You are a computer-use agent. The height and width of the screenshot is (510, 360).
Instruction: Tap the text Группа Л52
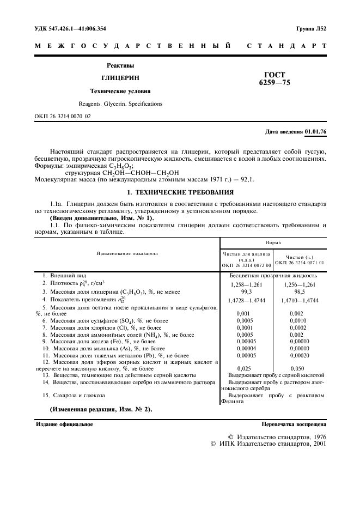click(311, 28)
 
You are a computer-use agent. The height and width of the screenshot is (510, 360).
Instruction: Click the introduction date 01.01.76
click(315, 132)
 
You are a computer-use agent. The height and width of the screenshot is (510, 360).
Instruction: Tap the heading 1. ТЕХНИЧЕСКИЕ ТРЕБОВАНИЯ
click(181, 192)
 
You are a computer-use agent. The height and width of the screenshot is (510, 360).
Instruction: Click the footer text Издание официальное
click(64, 424)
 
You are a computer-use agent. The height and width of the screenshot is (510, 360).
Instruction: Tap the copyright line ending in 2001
click(268, 444)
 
